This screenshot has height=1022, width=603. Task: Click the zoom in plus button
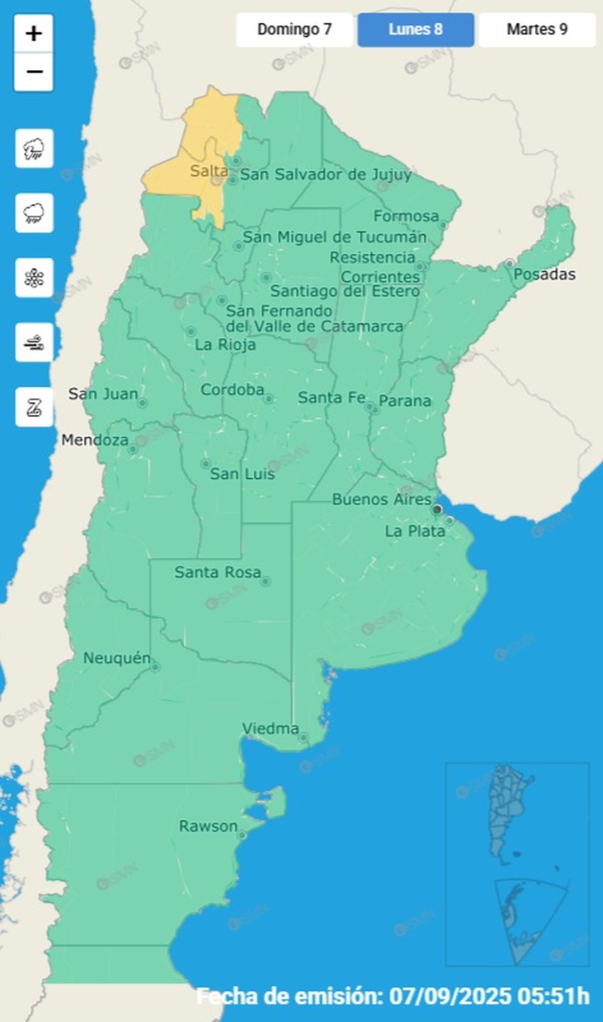[34, 34]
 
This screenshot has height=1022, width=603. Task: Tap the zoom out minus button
[34, 72]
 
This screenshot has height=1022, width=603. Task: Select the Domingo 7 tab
[294, 30]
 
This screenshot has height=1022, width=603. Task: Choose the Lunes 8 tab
[416, 30]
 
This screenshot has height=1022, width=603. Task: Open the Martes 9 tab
[537, 30]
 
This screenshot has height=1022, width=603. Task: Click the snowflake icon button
[34, 278]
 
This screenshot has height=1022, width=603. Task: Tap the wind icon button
[34, 343]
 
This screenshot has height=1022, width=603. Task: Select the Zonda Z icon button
[34, 407]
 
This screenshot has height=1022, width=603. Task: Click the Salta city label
[209, 171]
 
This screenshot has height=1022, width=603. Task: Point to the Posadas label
[544, 274]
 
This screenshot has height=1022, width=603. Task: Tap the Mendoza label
[95, 440]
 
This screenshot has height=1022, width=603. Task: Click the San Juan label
[103, 394]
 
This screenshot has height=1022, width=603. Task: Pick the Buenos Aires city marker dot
[437, 509]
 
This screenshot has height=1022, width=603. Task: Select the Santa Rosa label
[218, 572]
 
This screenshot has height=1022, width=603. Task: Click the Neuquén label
[117, 658]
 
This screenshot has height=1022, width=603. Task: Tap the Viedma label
[270, 728]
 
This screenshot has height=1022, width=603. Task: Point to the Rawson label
[208, 826]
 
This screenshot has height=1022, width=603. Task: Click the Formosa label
[406, 216]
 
